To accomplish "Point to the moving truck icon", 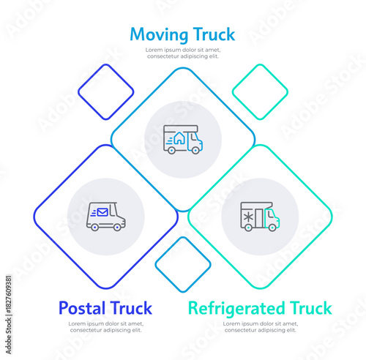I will pyautogui.click(x=182, y=139).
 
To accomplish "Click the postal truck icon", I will pyautogui.click(x=105, y=216).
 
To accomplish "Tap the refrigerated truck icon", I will pyautogui.click(x=259, y=217).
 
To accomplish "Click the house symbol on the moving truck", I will pyautogui.click(x=179, y=138).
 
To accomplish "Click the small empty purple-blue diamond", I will pyautogui.click(x=106, y=92).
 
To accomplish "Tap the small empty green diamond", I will pyautogui.click(x=260, y=92).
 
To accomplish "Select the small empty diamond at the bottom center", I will pyautogui.click(x=182, y=264).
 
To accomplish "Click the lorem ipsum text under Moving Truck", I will pyautogui.click(x=182, y=53).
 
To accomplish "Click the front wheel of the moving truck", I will pyautogui.click(x=193, y=150).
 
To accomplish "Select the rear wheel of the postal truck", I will pyautogui.click(x=95, y=227).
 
